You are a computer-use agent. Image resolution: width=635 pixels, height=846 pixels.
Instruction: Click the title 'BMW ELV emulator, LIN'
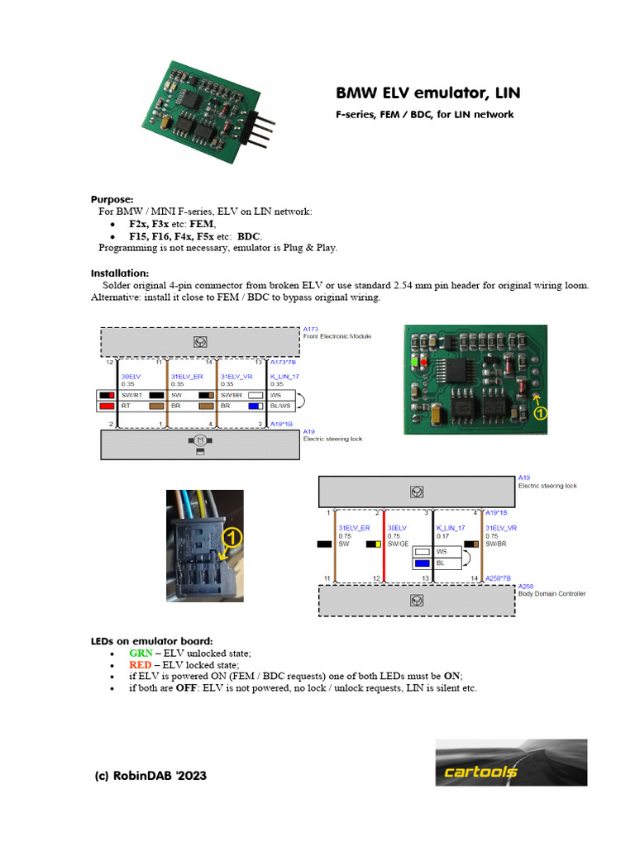(x=427, y=93)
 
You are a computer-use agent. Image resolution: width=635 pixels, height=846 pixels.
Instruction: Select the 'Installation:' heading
(x=120, y=273)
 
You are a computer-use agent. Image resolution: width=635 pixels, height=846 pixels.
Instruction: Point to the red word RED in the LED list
(x=141, y=664)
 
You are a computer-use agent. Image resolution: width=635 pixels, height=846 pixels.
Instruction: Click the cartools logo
(x=511, y=763)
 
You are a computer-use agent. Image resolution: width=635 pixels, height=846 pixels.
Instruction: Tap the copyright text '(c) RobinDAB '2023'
(x=150, y=776)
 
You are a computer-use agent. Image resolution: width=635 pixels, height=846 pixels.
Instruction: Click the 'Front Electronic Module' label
(x=337, y=336)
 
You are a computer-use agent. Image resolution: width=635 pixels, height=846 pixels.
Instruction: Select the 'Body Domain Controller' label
(x=551, y=593)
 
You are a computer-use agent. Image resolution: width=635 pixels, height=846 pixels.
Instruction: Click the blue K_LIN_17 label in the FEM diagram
(x=284, y=376)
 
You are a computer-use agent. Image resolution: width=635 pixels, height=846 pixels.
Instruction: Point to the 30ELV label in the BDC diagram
(x=397, y=527)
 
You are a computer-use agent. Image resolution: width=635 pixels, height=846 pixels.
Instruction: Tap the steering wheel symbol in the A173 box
(x=199, y=340)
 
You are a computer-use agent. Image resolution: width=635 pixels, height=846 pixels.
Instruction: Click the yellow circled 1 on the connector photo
(x=232, y=537)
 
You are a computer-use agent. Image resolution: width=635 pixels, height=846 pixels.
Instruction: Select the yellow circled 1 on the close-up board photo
(x=539, y=414)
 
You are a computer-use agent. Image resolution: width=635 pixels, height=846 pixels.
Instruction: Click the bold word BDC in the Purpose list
(x=249, y=235)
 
